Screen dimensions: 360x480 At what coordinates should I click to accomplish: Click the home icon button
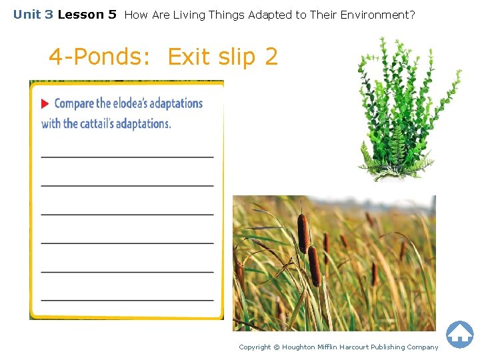(459, 334)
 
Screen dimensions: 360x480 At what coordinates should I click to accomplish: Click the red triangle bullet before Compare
(45, 104)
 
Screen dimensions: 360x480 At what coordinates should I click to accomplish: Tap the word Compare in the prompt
(74, 103)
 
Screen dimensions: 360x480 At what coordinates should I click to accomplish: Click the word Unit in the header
(26, 14)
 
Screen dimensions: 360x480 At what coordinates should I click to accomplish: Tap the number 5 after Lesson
(112, 14)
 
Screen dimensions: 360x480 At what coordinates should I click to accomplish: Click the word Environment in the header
(379, 14)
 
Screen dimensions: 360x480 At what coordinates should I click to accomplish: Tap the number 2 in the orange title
(271, 57)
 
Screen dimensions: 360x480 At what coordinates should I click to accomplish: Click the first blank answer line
(127, 157)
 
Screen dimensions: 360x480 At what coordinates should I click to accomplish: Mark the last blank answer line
(127, 300)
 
